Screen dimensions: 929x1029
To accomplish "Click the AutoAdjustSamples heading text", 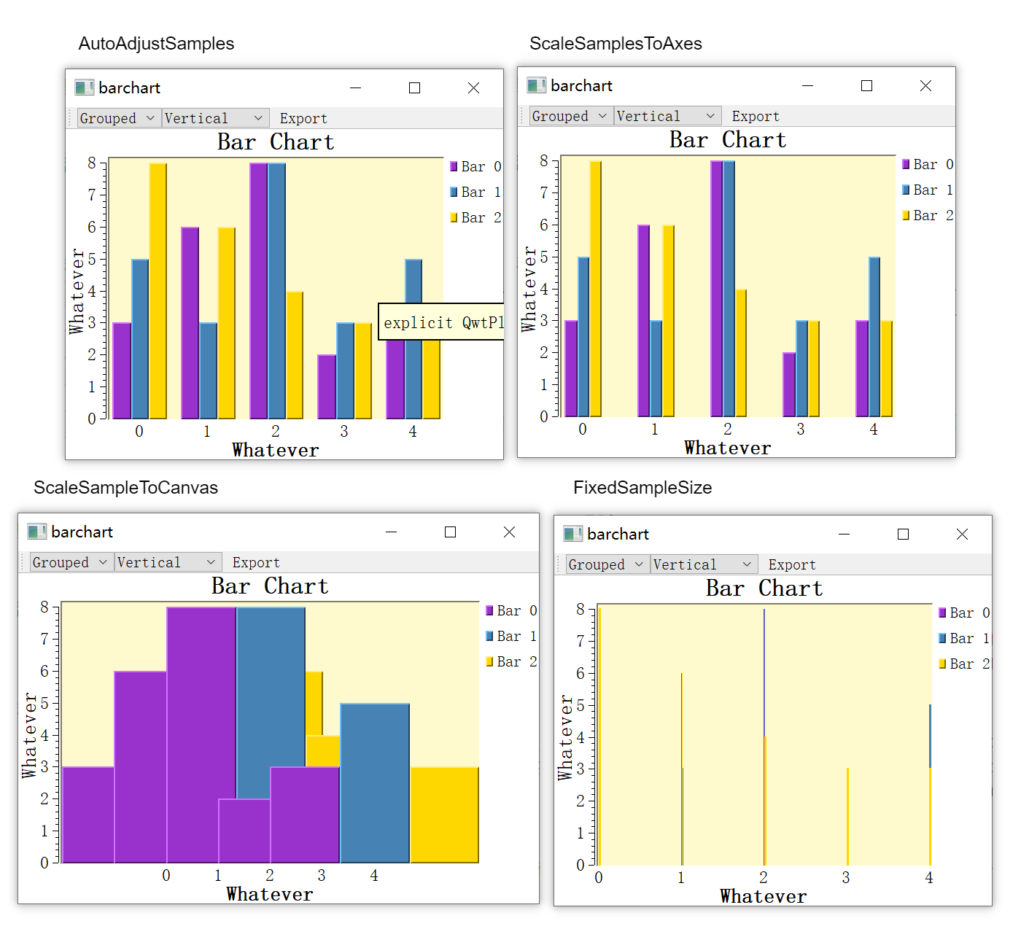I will coord(156,44).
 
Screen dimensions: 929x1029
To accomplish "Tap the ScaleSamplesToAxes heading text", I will coord(616,44).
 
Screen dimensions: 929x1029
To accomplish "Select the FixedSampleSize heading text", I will coord(642,488).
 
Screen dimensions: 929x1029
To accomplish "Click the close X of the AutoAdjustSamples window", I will coord(473,88).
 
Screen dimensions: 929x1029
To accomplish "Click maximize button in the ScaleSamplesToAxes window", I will coord(866,86).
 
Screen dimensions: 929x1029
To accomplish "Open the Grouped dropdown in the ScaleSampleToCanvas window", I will coord(71,562).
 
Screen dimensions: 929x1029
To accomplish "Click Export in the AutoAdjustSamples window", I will coord(303,118).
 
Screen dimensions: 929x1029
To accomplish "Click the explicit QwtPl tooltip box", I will coord(441,322).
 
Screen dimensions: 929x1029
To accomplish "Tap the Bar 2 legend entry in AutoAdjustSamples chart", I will coord(475,217).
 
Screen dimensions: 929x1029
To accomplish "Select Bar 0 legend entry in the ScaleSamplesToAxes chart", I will coord(928,164).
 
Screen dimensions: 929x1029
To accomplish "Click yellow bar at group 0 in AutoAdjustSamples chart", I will coord(158,292).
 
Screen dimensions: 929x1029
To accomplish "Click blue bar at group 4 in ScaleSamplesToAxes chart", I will coord(874,335).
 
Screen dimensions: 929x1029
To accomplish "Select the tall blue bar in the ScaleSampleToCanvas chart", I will coord(271,700).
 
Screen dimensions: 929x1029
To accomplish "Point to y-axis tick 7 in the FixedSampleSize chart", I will coord(580,641).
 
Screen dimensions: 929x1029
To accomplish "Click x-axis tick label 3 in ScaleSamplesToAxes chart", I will coord(801,429).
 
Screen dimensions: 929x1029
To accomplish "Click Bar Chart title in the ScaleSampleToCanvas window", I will coord(270,586).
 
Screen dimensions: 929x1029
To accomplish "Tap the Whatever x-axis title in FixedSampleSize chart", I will coord(763,896).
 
